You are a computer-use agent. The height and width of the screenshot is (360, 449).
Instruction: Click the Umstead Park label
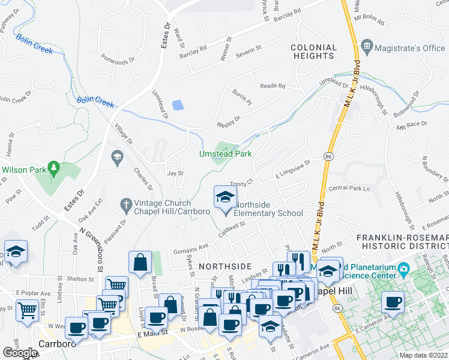point(225,154)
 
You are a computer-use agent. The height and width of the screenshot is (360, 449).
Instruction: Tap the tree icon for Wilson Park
point(54,167)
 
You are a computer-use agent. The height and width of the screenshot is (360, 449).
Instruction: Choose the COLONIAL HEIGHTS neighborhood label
point(313,52)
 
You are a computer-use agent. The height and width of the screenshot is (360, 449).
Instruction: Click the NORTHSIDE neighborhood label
point(224,266)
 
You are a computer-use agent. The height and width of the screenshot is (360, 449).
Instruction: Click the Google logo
point(20,353)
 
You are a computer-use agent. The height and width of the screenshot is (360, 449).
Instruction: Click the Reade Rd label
point(272,86)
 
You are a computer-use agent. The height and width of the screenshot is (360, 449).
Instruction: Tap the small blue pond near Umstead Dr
point(178,105)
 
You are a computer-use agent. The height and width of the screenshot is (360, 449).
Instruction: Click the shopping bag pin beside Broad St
point(140,262)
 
